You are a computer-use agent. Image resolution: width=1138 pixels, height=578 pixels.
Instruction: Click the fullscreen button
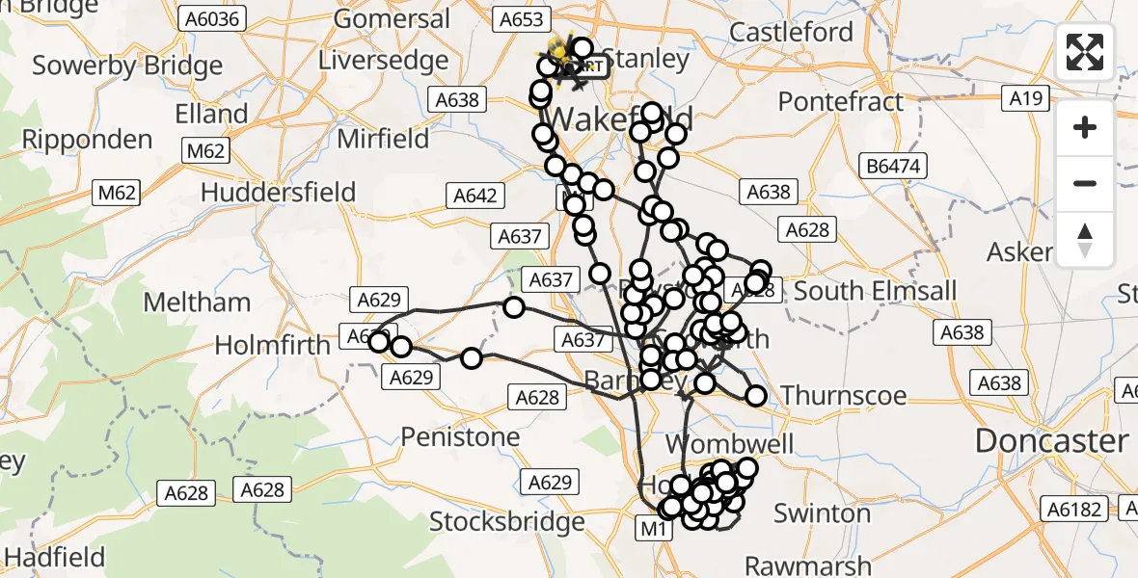tap(1085, 52)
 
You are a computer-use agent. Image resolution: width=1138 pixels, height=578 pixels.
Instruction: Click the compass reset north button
tap(1085, 240)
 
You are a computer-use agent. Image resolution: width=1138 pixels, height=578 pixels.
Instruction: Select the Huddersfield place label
tap(278, 192)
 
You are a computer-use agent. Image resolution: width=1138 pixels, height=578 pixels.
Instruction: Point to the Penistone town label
tap(460, 437)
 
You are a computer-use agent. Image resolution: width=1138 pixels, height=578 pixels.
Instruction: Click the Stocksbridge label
tap(506, 522)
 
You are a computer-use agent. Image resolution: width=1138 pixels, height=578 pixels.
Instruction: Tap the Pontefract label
tap(841, 101)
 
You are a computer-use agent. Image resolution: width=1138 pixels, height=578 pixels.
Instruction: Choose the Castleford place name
tap(791, 32)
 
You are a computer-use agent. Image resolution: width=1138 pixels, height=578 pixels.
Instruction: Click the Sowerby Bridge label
tap(127, 66)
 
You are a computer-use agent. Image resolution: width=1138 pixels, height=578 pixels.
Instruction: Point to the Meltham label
tap(197, 302)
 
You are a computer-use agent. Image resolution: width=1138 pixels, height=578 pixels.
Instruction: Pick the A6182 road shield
tap(1077, 510)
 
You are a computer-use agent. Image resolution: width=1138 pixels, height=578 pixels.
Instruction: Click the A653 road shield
tap(524, 18)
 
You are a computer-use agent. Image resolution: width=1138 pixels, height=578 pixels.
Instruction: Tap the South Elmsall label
tap(876, 291)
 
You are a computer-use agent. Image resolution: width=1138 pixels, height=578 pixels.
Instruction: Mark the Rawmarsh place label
tap(808, 565)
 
